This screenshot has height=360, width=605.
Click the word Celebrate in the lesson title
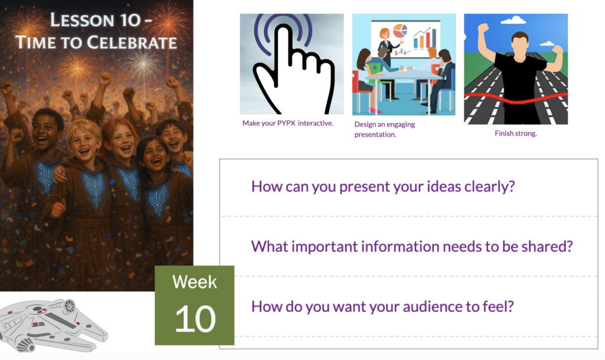click(x=132, y=43)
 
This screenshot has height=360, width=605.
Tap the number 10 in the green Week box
click(x=195, y=319)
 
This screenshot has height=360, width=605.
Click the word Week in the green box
click(x=194, y=281)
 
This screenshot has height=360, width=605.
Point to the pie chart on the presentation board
click(x=400, y=31)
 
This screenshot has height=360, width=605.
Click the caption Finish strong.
click(x=516, y=134)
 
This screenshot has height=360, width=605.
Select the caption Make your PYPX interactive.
click(x=288, y=123)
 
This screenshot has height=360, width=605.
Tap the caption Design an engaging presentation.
click(x=385, y=129)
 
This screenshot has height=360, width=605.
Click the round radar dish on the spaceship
click(x=70, y=306)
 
